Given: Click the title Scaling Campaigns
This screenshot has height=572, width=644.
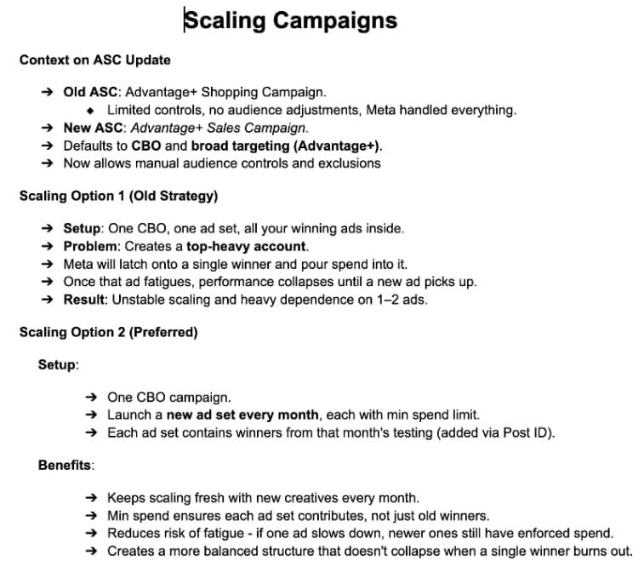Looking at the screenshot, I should tap(291, 20).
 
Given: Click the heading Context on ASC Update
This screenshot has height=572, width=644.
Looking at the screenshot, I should tap(94, 60).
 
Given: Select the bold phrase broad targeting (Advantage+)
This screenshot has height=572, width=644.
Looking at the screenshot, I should tap(286, 146).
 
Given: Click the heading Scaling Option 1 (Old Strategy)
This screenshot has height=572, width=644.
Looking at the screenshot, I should tap(118, 196).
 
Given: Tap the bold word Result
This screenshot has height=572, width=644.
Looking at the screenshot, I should tap(84, 300).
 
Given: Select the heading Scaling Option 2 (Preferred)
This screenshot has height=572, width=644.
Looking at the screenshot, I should tap(108, 332).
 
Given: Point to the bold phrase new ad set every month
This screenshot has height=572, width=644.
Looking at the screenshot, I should tap(242, 415).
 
